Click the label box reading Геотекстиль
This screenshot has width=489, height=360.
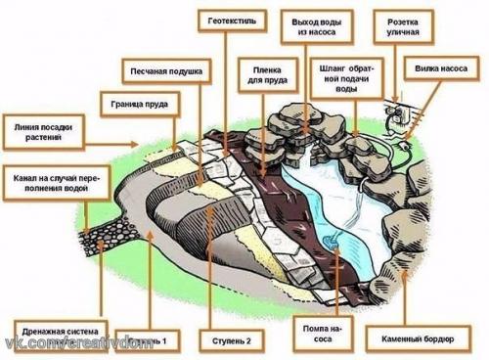pos(231,20)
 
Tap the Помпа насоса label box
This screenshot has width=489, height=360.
pos(320,334)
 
